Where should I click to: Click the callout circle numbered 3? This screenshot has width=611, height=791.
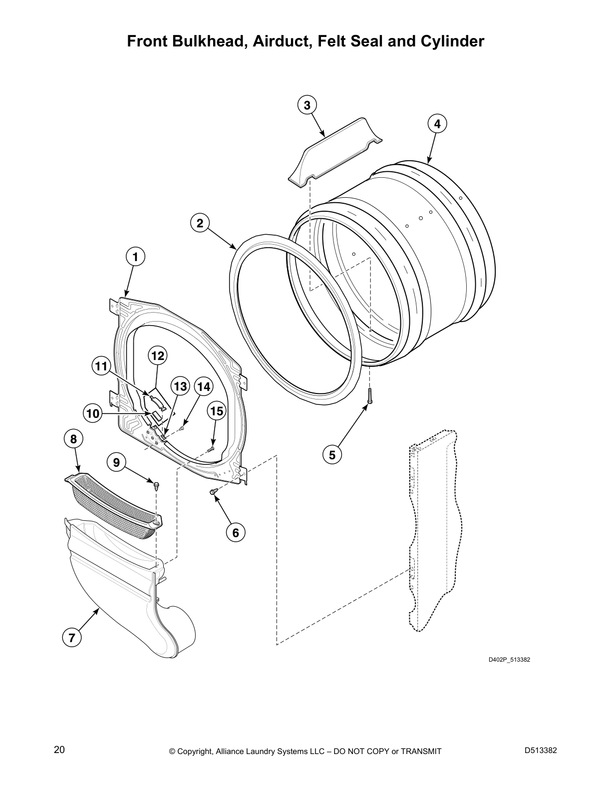click(307, 105)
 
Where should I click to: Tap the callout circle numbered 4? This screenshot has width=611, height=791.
click(437, 124)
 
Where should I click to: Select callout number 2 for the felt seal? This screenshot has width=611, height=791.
click(200, 223)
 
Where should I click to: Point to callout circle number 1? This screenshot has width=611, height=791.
click(135, 257)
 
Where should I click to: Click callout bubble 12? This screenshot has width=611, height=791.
click(158, 356)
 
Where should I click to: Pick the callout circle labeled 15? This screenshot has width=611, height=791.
click(217, 411)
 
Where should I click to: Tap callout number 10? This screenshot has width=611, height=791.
click(93, 413)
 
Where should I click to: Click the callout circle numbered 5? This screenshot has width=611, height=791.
click(332, 454)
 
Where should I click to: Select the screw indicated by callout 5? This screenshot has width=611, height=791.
click(370, 395)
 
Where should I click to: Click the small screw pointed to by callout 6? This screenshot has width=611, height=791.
click(213, 492)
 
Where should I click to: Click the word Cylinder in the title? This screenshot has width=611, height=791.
click(453, 41)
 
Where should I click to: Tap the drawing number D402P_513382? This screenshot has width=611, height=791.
click(509, 660)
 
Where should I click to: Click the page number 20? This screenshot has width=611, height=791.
click(59, 750)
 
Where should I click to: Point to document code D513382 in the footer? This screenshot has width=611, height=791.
click(541, 750)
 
